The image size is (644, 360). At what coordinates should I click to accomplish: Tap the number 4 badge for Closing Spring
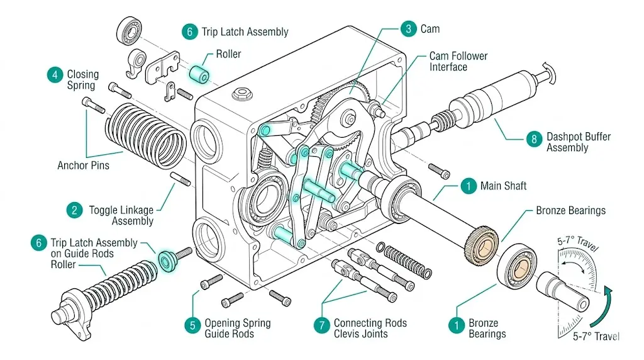[55, 74]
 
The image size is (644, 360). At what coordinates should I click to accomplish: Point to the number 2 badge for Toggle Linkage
[74, 210]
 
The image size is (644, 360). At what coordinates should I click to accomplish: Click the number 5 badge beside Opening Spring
[192, 325]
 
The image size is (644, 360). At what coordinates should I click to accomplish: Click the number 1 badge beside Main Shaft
[467, 186]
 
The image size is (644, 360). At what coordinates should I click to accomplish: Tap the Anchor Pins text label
[84, 166]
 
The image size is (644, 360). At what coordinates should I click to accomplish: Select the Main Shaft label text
[502, 186]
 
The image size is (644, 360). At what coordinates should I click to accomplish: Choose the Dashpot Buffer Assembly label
[578, 142]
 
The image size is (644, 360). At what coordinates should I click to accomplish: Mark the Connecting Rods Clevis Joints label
[370, 329]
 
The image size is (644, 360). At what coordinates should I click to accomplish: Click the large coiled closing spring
[147, 130]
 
